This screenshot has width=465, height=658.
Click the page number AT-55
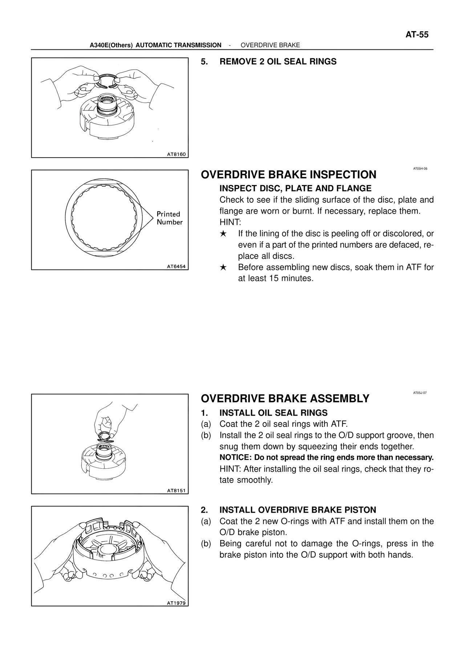click(417, 35)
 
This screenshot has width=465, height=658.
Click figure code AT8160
click(176, 154)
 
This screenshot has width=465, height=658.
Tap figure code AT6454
click(176, 266)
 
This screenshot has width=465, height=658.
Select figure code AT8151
click(176, 491)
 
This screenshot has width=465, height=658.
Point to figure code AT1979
click(176, 603)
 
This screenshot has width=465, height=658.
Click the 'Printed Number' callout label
click(169, 218)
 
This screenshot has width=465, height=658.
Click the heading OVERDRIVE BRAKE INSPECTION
click(288, 175)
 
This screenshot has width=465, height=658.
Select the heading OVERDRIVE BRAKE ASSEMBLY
click(285, 399)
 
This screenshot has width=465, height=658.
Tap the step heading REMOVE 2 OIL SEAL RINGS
click(278, 62)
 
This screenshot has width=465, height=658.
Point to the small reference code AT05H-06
click(420, 169)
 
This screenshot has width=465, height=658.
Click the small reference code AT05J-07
click(420, 393)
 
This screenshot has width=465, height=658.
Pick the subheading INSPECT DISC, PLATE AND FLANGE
click(295, 189)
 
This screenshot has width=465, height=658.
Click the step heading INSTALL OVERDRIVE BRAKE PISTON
click(298, 510)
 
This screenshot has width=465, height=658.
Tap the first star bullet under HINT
click(223, 234)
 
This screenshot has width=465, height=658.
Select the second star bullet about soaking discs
click(223, 268)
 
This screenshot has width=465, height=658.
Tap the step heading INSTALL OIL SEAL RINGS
click(273, 413)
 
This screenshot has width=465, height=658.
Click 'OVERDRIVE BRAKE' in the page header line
click(270, 45)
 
